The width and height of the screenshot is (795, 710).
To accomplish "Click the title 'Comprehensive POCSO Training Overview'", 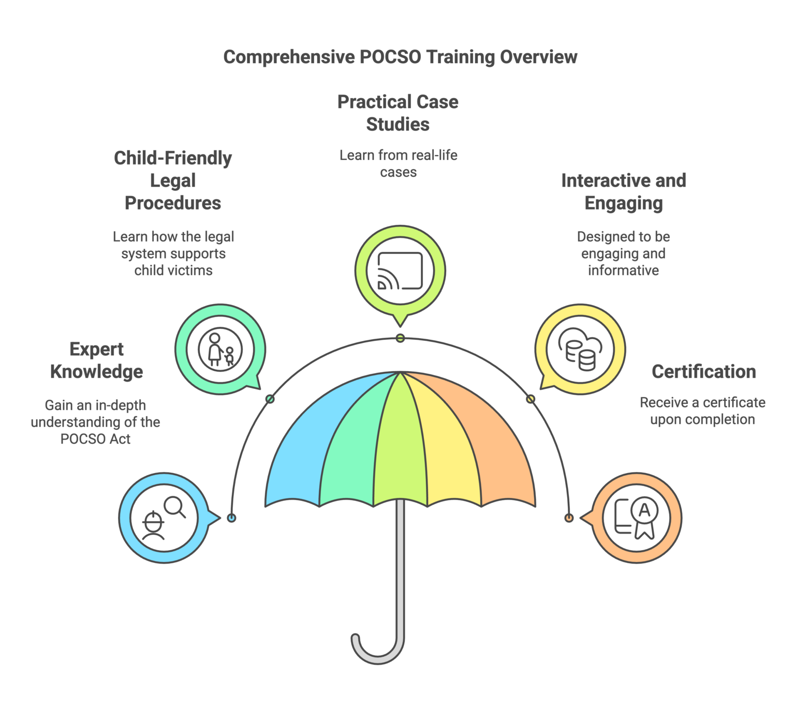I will tap(400, 57).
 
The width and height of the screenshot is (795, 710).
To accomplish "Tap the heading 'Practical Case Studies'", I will tap(397, 113).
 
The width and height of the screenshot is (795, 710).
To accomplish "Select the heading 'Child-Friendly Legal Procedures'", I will tap(173, 180).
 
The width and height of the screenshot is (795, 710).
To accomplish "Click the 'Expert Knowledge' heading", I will tap(97, 360).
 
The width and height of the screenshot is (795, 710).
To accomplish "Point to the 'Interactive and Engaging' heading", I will tap(623, 192).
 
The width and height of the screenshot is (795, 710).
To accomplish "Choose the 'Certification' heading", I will tap(703, 372).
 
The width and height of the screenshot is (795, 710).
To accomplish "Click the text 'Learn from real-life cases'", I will tap(398, 163).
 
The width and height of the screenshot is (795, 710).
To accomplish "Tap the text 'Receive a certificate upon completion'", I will tap(702, 411).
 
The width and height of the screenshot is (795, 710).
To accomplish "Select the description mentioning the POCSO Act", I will tap(96, 422).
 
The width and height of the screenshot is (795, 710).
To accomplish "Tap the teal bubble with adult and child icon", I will tap(220, 349).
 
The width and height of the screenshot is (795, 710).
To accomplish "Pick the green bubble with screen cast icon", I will tap(400, 270).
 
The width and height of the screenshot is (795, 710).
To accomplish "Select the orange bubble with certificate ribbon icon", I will tap(636, 518).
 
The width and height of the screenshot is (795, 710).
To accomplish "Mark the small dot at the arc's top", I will tap(400, 339).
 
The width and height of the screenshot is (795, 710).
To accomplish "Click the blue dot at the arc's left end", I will tap(232, 518).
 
